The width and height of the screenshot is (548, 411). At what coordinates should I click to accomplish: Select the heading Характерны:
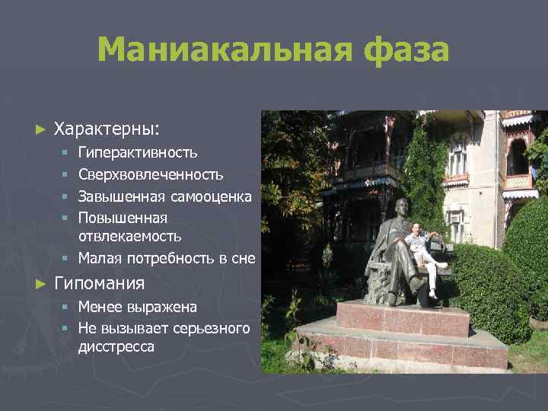107,129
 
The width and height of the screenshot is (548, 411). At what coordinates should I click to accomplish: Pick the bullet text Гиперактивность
138,153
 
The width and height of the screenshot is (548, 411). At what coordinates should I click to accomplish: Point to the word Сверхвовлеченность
151,175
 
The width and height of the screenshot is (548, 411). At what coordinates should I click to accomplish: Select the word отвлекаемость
129,236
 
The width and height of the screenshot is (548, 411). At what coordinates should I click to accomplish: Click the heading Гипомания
99,284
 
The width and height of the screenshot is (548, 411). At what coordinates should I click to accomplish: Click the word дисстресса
116,346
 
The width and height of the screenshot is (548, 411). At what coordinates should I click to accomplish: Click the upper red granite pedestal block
403,317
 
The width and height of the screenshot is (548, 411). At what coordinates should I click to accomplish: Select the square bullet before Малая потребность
66,259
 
